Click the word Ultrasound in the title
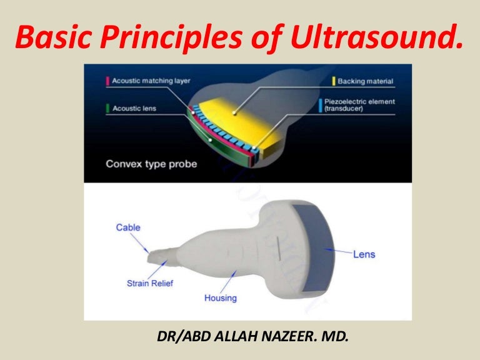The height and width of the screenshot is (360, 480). point(390,39)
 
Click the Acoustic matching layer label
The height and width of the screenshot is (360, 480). point(151,81)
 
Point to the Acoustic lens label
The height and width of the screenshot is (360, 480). point(134,108)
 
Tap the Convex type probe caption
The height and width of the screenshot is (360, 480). point(151,165)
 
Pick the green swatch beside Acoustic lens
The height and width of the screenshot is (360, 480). point(107,108)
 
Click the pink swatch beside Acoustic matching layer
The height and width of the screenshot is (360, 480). point(107,81)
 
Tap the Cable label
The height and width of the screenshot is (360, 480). point(128,227)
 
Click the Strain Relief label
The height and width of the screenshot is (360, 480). point(150,283)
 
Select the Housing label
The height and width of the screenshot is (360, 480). point(221,298)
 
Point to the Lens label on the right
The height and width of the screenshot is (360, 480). point(364,254)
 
